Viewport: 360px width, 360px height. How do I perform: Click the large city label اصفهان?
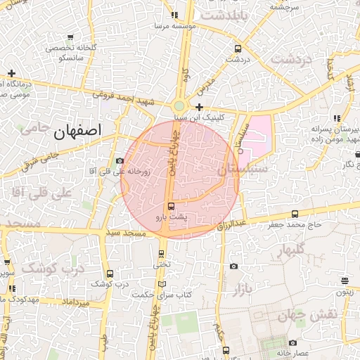pyautogui.click(x=77, y=131)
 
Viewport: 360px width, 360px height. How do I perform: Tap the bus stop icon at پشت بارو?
pyautogui.click(x=172, y=206)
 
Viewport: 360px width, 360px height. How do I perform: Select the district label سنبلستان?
pyautogui.click(x=243, y=169)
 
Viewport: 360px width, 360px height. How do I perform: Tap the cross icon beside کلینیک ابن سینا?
pyautogui.click(x=200, y=108)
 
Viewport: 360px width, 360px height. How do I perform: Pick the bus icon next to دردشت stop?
pyautogui.click(x=238, y=49)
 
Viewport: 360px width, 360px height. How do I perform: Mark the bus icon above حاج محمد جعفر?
pyautogui.click(x=294, y=214)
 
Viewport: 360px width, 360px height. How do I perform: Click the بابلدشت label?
pyautogui.click(x=224, y=15)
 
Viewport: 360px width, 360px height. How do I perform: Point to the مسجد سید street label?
pyautogui.click(x=124, y=232)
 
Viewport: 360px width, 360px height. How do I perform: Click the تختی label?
pyautogui.click(x=162, y=265)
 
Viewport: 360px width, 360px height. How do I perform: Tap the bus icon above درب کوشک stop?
pyautogui.click(x=109, y=274)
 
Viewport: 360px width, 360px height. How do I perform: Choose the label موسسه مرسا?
pyautogui.click(x=184, y=25)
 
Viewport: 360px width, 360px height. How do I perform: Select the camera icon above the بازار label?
pyautogui.click(x=233, y=266)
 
